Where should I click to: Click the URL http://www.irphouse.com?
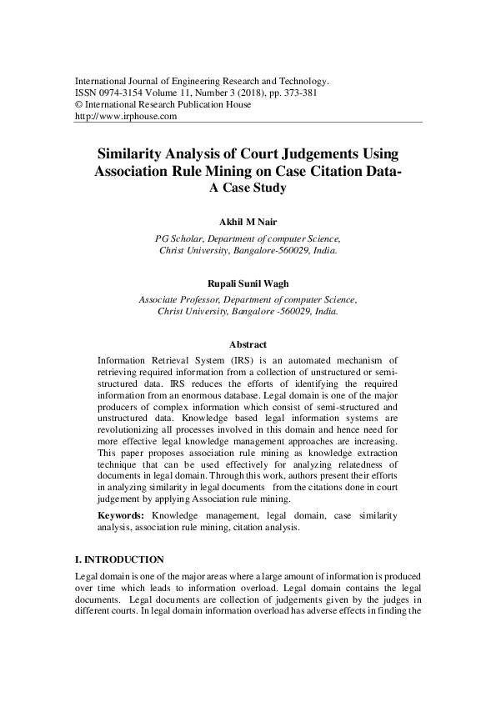pyautogui.click(x=126, y=117)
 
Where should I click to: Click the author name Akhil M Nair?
pyautogui.click(x=248, y=222)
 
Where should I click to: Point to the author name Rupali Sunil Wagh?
pyautogui.click(x=248, y=285)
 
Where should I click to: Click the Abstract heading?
pyautogui.click(x=248, y=344)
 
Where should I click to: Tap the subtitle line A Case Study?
pyautogui.click(x=248, y=188)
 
